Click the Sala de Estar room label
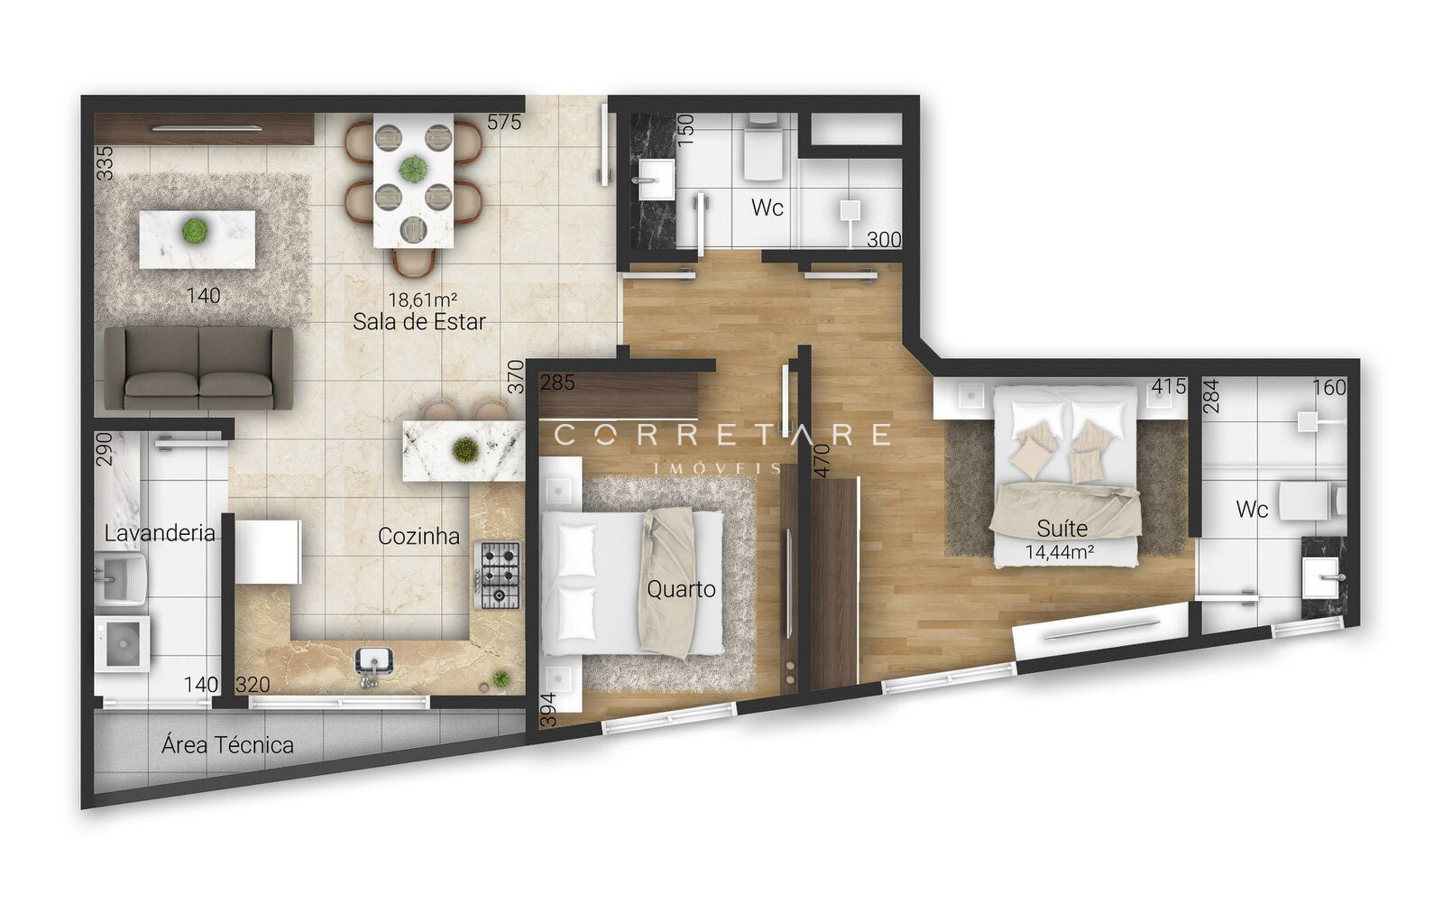click(x=418, y=321)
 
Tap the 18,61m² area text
click(x=423, y=300)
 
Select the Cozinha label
click(x=418, y=536)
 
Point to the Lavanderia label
click(x=160, y=533)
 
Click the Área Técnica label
click(x=227, y=745)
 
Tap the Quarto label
click(x=681, y=589)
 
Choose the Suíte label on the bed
click(x=1062, y=529)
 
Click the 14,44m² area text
click(x=1060, y=552)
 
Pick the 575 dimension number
click(x=504, y=122)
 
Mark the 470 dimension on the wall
click(x=822, y=461)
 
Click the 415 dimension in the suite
click(x=1169, y=386)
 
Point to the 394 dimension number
click(x=547, y=710)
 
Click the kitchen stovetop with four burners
click(x=497, y=576)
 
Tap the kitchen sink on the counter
click(x=373, y=665)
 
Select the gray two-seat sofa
click(x=198, y=368)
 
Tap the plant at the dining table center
click(x=412, y=168)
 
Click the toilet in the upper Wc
click(x=763, y=148)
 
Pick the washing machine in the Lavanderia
click(x=123, y=643)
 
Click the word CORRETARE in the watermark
click(x=722, y=435)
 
